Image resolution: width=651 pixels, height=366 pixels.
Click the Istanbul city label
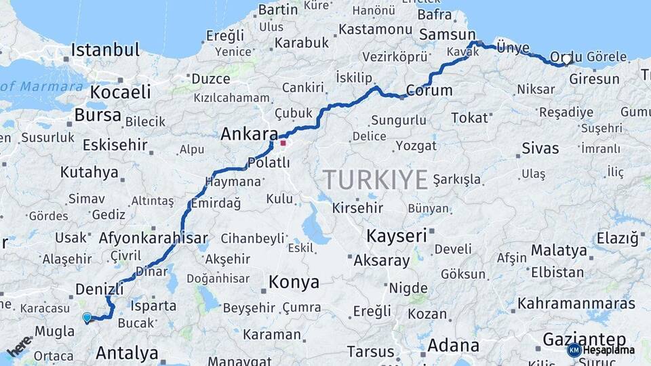pyautogui.click(x=105, y=49)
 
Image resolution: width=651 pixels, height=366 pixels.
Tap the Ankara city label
pyautogui.click(x=250, y=134)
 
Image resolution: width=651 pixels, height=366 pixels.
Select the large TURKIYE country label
pyautogui.click(x=375, y=180)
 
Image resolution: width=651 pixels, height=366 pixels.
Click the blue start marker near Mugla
pyautogui.click(x=87, y=317)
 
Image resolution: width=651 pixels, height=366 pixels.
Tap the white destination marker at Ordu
pyautogui.click(x=567, y=60)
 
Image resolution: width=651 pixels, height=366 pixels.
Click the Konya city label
pyautogui.click(x=294, y=281)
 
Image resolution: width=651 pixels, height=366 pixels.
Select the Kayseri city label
pyautogui.click(x=397, y=236)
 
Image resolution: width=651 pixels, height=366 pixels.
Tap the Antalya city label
pyautogui.click(x=127, y=352)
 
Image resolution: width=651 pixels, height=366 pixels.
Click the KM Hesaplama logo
pyautogui.click(x=601, y=350)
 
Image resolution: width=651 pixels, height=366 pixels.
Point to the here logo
pyautogui.click(x=20, y=346)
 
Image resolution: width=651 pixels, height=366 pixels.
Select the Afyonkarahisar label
pyautogui.click(x=153, y=238)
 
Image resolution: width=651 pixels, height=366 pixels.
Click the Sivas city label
pyautogui.click(x=540, y=148)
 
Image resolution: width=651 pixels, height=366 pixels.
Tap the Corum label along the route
pyautogui.click(x=429, y=90)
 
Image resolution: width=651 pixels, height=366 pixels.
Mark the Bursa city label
pyautogui.click(x=98, y=115)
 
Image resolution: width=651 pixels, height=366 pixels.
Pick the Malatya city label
pyautogui.click(x=559, y=250)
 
